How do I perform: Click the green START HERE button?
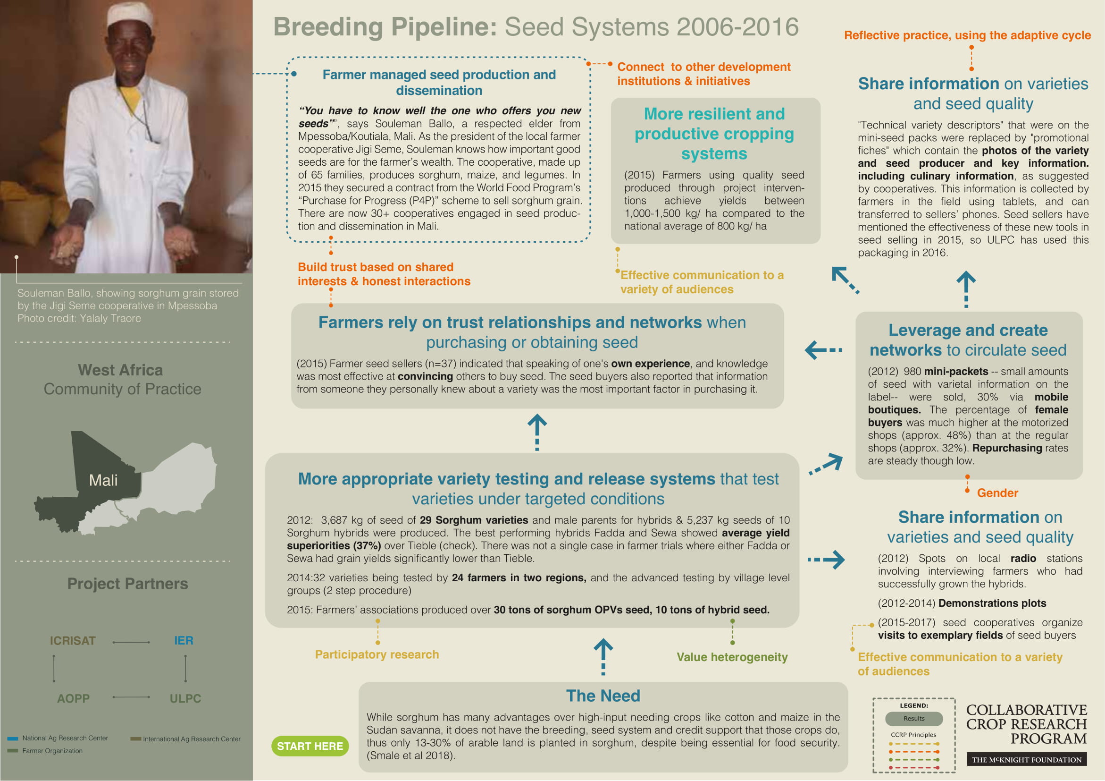click(310, 746)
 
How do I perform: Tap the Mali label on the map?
click(103, 480)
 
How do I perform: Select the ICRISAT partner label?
click(73, 641)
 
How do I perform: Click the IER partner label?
click(184, 640)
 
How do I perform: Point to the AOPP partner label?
click(73, 698)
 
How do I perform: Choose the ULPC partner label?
click(185, 698)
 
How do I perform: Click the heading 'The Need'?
click(603, 696)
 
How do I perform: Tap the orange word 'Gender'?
click(997, 493)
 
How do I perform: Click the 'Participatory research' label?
click(377, 654)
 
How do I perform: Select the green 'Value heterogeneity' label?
click(732, 657)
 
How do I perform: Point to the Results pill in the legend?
click(913, 718)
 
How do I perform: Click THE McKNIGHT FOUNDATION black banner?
click(1027, 760)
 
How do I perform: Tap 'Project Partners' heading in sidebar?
click(127, 584)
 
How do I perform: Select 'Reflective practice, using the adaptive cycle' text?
click(967, 35)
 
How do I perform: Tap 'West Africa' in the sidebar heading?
click(120, 370)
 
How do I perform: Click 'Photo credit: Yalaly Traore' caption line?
click(79, 318)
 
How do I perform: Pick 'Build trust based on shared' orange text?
click(376, 267)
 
